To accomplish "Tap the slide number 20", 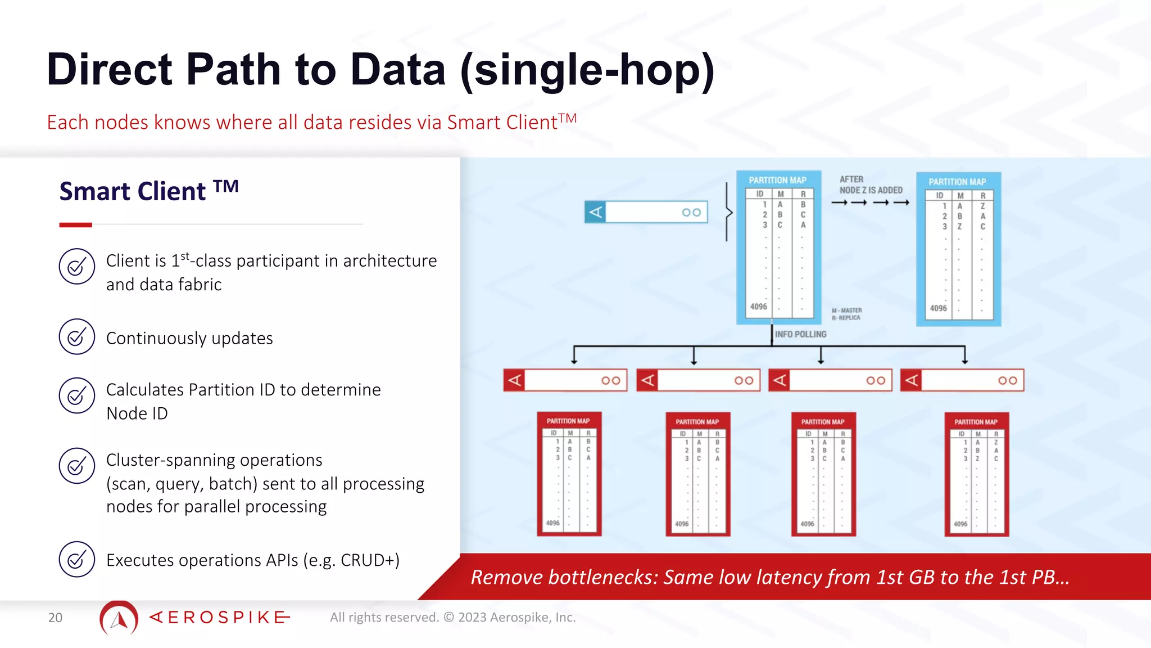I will (x=55, y=618).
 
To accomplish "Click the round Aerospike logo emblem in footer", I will (x=119, y=618).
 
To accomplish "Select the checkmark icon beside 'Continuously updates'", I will (x=76, y=337).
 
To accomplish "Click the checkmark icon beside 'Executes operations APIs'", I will (x=76, y=559).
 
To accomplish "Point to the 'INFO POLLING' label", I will (x=800, y=334).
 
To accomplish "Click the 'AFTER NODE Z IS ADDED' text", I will (x=871, y=185).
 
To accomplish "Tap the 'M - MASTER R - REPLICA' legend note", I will (x=846, y=314).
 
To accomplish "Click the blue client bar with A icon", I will (x=646, y=212).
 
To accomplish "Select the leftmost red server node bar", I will (x=565, y=380).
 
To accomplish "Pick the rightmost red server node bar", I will (x=962, y=380).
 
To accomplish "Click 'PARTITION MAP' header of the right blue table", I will (x=957, y=182).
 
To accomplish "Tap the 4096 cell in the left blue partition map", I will (x=758, y=307).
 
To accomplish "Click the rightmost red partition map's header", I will (x=976, y=422).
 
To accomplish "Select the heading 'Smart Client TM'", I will (x=149, y=191).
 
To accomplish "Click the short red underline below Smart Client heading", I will (x=75, y=225).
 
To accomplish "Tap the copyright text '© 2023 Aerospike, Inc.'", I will (x=509, y=618).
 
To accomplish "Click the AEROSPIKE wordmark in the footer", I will (x=220, y=618).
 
